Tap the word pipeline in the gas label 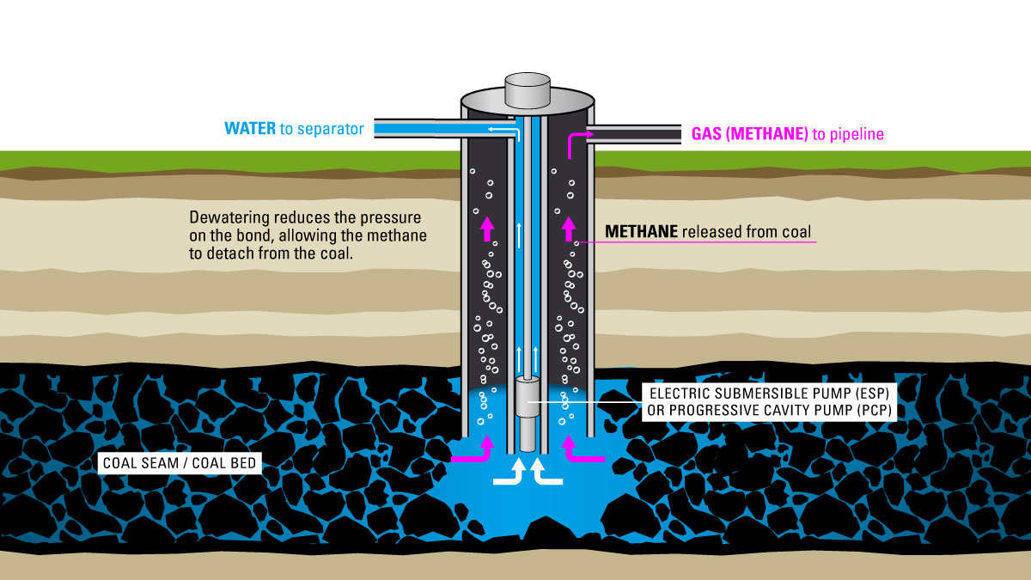854,134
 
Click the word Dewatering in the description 228,217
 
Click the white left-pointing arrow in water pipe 499,129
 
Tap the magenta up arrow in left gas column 486,228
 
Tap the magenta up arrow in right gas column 567,228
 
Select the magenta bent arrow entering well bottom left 478,453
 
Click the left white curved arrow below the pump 509,473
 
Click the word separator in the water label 330,129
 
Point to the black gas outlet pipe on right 636,134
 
